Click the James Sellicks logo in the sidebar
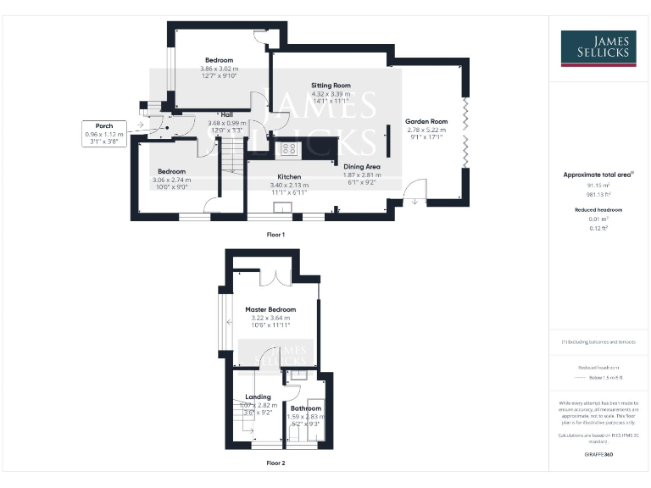click(x=598, y=48)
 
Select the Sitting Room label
click(x=331, y=86)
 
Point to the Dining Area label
click(x=360, y=168)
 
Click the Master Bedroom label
click(x=270, y=310)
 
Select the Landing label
click(x=258, y=396)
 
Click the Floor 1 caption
click(x=275, y=233)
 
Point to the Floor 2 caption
click(x=275, y=463)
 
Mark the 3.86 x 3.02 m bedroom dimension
click(x=218, y=69)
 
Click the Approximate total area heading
click(x=596, y=175)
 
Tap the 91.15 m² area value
click(x=598, y=185)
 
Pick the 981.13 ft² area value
click(x=598, y=194)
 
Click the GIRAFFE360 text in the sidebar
click(x=598, y=455)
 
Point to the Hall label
click(x=226, y=115)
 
